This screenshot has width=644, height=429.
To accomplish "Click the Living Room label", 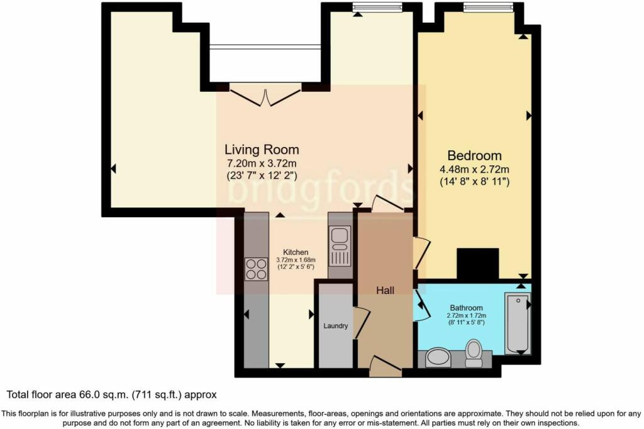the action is click(x=262, y=149).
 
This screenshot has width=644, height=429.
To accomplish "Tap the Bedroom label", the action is click(x=474, y=155).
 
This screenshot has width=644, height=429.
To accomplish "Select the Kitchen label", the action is click(x=296, y=253).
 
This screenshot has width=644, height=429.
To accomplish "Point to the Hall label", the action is click(x=386, y=290).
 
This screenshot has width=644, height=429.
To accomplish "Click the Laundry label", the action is click(x=336, y=326).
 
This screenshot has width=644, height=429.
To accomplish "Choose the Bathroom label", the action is click(x=466, y=308).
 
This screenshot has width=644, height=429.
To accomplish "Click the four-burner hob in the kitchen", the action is click(x=257, y=269).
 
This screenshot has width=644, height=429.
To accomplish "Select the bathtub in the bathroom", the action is click(x=518, y=323).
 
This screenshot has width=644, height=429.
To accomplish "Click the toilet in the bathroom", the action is click(x=474, y=353).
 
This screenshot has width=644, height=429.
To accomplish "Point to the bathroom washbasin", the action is click(x=438, y=357).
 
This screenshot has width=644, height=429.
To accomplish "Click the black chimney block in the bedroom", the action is click(x=478, y=264).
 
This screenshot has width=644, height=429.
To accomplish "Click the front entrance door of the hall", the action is click(x=386, y=365).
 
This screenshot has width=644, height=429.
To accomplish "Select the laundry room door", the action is click(x=362, y=322).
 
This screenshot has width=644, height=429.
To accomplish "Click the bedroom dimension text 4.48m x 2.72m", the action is click(x=474, y=169).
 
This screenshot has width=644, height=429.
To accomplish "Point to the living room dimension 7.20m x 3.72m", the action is click(x=262, y=163).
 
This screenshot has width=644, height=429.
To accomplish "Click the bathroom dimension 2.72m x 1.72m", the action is click(x=466, y=316).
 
